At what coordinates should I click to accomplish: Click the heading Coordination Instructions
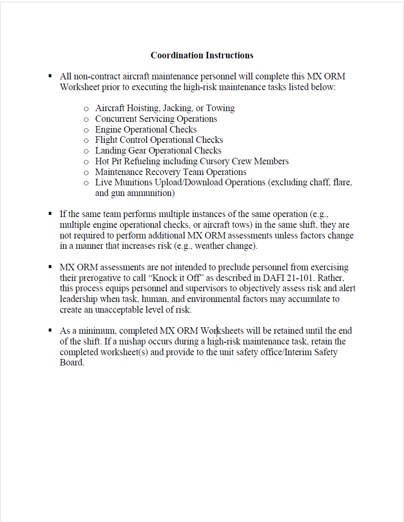click(202, 55)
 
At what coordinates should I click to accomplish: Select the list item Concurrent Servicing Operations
click(156, 119)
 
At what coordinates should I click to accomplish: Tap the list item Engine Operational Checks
click(146, 130)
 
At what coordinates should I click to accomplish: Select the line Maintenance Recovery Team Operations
click(171, 172)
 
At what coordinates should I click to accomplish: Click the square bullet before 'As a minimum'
click(50, 330)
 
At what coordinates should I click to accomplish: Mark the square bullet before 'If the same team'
click(50, 213)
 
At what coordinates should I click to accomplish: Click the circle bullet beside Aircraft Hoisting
click(86, 109)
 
